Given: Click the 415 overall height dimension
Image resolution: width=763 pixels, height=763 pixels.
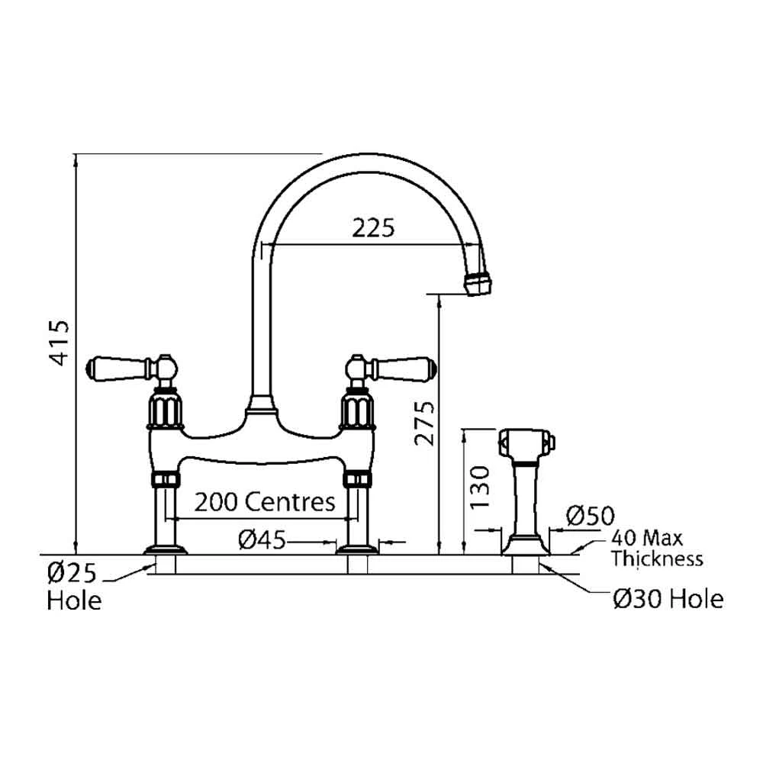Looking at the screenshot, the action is pyautogui.click(x=61, y=343).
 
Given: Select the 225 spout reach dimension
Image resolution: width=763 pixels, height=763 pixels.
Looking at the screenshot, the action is pyautogui.click(x=373, y=227).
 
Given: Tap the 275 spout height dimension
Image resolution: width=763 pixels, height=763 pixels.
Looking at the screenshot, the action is pyautogui.click(x=424, y=423).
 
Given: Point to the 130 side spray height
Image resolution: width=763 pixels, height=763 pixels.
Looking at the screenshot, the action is pyautogui.click(x=480, y=487).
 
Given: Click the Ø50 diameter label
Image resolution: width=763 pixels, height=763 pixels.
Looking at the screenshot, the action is pyautogui.click(x=591, y=516).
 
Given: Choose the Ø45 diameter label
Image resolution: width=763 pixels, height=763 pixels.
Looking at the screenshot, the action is pyautogui.click(x=262, y=539).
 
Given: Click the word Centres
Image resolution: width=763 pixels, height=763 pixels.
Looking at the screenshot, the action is pyautogui.click(x=290, y=502).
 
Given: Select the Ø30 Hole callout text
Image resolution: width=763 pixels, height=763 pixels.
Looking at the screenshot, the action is pyautogui.click(x=668, y=598).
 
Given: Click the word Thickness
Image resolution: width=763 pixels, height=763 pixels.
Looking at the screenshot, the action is pyautogui.click(x=658, y=559).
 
